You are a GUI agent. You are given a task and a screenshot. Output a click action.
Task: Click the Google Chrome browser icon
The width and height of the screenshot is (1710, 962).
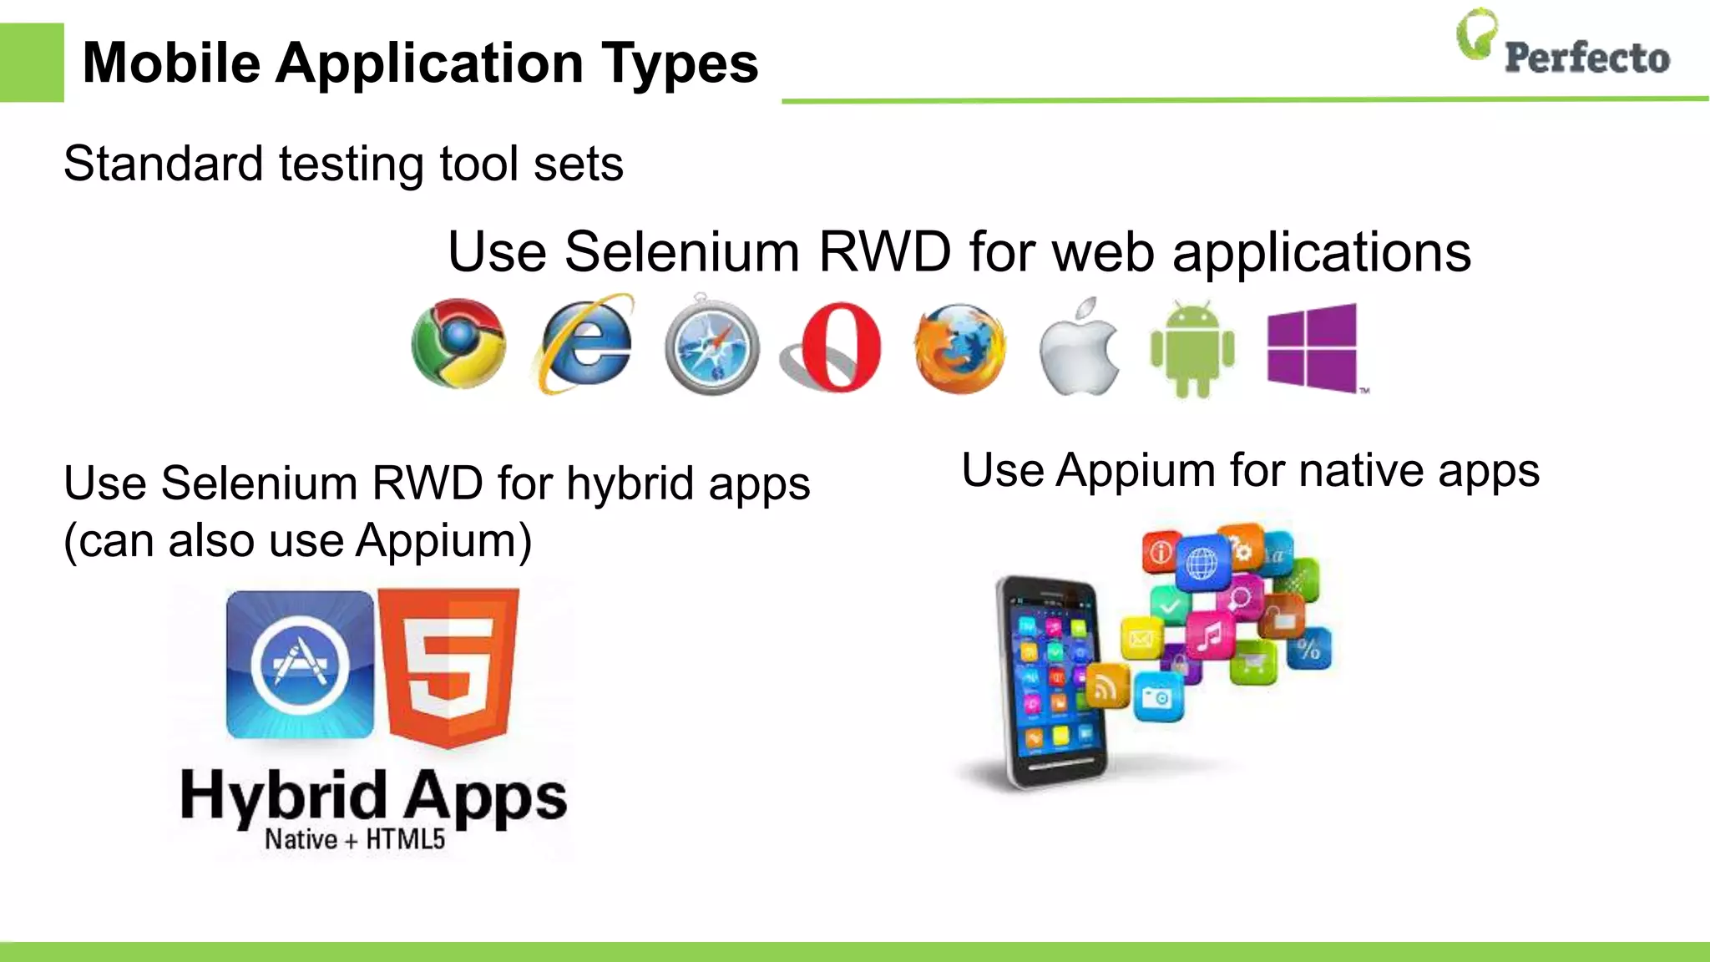coord(458,343)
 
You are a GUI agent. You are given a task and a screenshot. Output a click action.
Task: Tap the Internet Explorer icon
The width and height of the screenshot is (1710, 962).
coord(584,344)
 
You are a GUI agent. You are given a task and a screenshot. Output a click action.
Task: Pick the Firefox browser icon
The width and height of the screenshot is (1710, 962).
coord(960,347)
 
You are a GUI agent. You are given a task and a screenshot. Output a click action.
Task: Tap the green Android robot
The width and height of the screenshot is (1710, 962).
coord(1192,349)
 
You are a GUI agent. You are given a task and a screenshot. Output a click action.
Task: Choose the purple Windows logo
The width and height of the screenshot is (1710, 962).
coord(1313,347)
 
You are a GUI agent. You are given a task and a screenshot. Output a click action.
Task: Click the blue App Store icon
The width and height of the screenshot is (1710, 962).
coord(301,665)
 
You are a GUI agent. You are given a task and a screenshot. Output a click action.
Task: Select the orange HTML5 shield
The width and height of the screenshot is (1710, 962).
coord(448,666)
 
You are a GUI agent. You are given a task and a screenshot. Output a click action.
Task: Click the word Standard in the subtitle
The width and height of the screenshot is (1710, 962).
coord(163,164)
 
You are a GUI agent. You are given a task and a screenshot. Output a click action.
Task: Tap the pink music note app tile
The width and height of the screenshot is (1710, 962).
coord(1208,637)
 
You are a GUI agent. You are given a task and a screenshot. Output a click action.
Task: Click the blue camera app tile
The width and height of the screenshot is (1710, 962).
coord(1158,696)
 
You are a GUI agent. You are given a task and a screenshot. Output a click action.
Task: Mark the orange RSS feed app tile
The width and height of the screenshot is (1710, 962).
coord(1106,688)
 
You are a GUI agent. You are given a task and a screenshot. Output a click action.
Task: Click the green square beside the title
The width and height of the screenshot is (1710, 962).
coord(32,63)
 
